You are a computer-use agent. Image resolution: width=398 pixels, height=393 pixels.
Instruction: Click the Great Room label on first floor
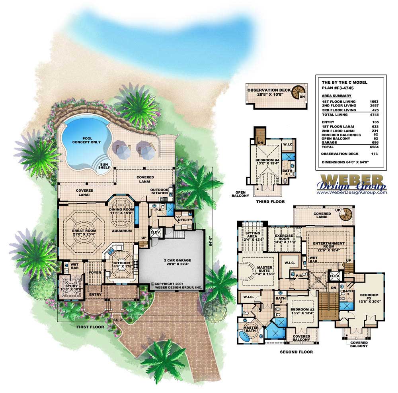(x=84, y=233)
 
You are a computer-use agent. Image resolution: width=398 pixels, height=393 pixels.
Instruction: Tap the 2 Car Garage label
(x=178, y=262)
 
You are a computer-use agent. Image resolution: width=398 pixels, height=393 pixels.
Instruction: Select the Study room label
(x=71, y=288)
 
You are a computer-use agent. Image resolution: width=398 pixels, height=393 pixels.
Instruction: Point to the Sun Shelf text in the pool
(x=104, y=166)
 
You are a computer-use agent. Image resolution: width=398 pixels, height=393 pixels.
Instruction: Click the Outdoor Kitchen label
(x=160, y=191)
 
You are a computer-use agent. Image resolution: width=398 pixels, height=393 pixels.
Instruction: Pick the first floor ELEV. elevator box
(x=155, y=232)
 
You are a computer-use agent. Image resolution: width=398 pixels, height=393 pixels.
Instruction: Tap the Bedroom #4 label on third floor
(x=267, y=162)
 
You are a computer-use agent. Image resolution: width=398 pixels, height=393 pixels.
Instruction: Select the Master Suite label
(x=264, y=271)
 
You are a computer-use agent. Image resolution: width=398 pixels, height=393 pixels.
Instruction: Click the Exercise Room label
(x=284, y=239)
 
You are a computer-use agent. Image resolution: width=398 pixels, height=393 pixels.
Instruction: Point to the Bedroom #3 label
(x=369, y=298)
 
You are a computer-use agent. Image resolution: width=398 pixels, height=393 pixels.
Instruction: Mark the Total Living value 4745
(x=374, y=115)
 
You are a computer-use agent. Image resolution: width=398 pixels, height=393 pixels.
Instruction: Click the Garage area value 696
(x=375, y=142)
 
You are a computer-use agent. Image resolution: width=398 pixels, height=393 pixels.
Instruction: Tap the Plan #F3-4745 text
(x=338, y=88)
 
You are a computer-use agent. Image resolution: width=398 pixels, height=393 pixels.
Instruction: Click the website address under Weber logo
(x=351, y=192)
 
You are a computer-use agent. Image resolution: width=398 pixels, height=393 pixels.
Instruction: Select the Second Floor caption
(x=296, y=352)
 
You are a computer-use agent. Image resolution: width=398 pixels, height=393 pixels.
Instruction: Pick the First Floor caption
(x=90, y=327)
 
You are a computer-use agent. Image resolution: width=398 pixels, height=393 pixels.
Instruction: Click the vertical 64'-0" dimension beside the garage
(x=210, y=241)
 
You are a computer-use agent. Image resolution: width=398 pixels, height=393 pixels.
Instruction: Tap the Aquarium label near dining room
(x=122, y=231)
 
